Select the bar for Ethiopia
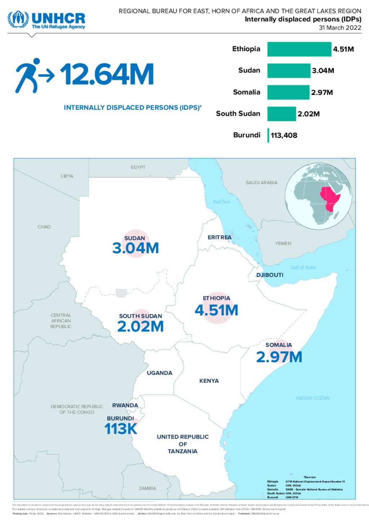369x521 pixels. pyautogui.click(x=299, y=49)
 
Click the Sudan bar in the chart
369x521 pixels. pyautogui.click(x=289, y=71)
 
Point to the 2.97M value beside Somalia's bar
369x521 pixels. pyautogui.click(x=322, y=92)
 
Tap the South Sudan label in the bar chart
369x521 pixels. pyautogui.click(x=238, y=114)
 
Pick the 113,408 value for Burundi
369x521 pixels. pyautogui.click(x=284, y=135)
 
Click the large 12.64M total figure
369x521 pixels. pyautogui.click(x=107, y=74)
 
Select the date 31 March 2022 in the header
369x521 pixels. pyautogui.click(x=340, y=28)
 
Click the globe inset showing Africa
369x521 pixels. pyautogui.click(x=318, y=196)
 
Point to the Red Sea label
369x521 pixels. pyautogui.click(x=221, y=202)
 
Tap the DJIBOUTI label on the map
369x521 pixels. pyautogui.click(x=270, y=275)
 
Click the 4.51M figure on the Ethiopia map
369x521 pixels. pyautogui.click(x=216, y=310)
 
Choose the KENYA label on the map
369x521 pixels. pyautogui.click(x=209, y=381)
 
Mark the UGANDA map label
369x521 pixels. pyautogui.click(x=159, y=373)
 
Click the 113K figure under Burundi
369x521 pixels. pyautogui.click(x=121, y=429)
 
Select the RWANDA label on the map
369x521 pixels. pyautogui.click(x=125, y=406)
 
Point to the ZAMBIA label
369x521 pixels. pyautogui.click(x=147, y=488)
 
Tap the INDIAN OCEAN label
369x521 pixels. pyautogui.click(x=312, y=398)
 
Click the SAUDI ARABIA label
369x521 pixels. pyautogui.click(x=261, y=183)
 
